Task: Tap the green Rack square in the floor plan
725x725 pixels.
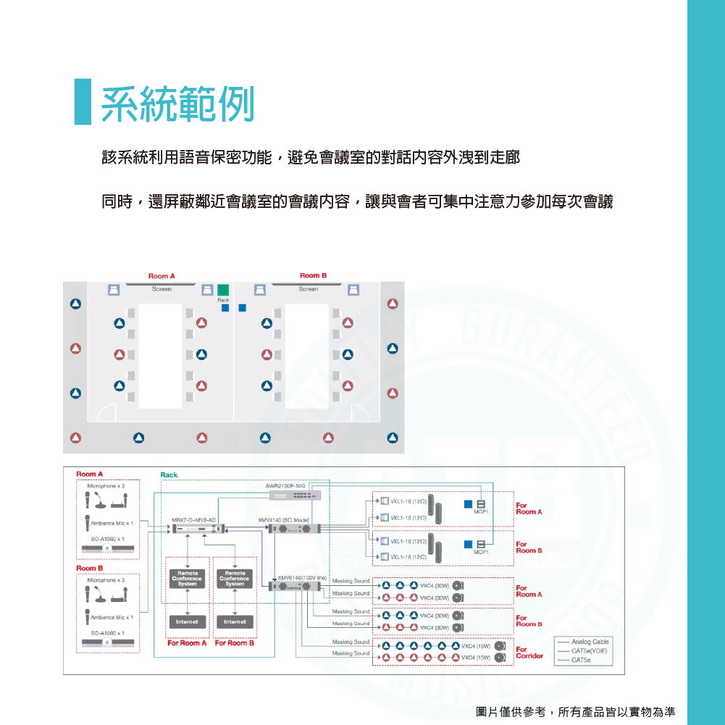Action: coord(223,290)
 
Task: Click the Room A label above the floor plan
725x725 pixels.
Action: coord(162,276)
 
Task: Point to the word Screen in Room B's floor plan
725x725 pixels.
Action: coord(309,289)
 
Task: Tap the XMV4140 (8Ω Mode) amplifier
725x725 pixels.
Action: coord(293,529)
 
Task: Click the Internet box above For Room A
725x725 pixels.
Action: coord(188,621)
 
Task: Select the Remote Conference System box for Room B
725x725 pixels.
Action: coord(235,578)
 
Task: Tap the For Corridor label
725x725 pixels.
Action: coord(529,653)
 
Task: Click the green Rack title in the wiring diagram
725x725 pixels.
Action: coord(168,475)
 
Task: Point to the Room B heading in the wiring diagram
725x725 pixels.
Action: coord(90,569)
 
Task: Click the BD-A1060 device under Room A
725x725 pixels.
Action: coord(107,550)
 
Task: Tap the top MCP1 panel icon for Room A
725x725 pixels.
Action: coord(480,504)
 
